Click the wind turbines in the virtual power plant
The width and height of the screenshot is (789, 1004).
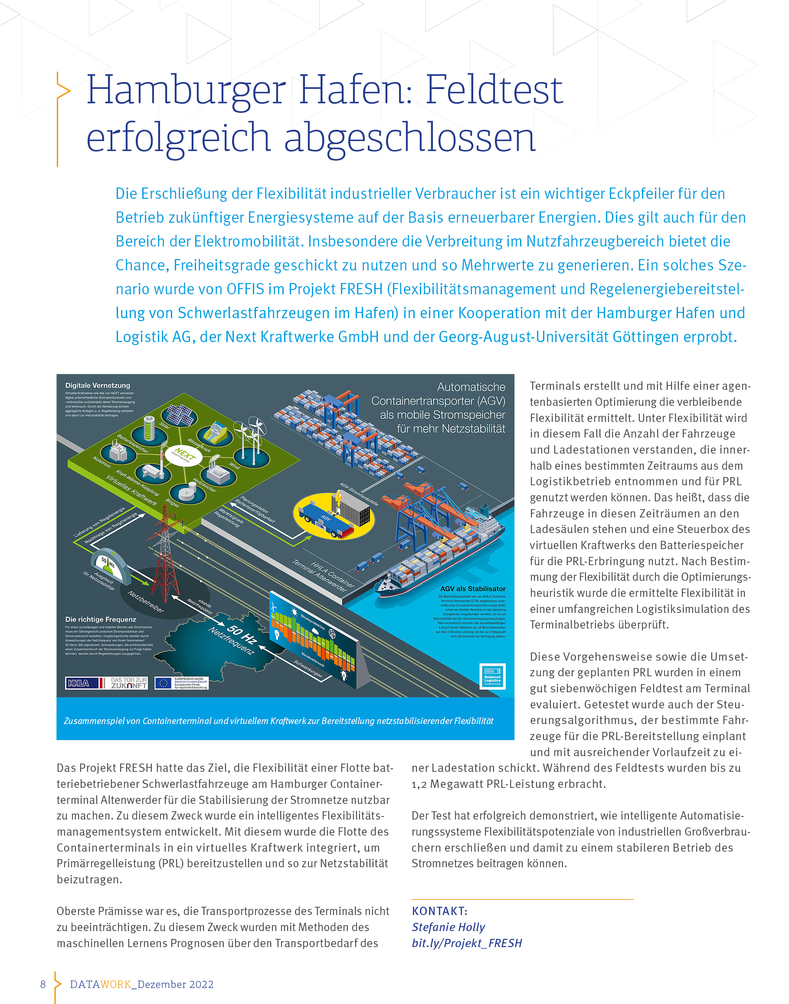pyautogui.click(x=252, y=437)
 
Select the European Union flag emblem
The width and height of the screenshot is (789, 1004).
pyautogui.click(x=163, y=683)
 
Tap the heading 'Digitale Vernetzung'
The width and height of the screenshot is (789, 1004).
pyautogui.click(x=98, y=385)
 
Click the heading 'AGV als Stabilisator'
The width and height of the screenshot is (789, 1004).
pyautogui.click(x=472, y=589)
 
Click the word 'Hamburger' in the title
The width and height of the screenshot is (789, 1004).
pyautogui.click(x=186, y=90)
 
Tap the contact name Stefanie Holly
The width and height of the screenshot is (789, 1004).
pyautogui.click(x=448, y=927)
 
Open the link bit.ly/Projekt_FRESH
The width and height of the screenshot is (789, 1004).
pyautogui.click(x=467, y=943)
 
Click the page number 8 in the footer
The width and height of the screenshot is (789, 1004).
pyautogui.click(x=43, y=984)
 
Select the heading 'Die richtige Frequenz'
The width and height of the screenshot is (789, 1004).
pyautogui.click(x=101, y=619)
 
